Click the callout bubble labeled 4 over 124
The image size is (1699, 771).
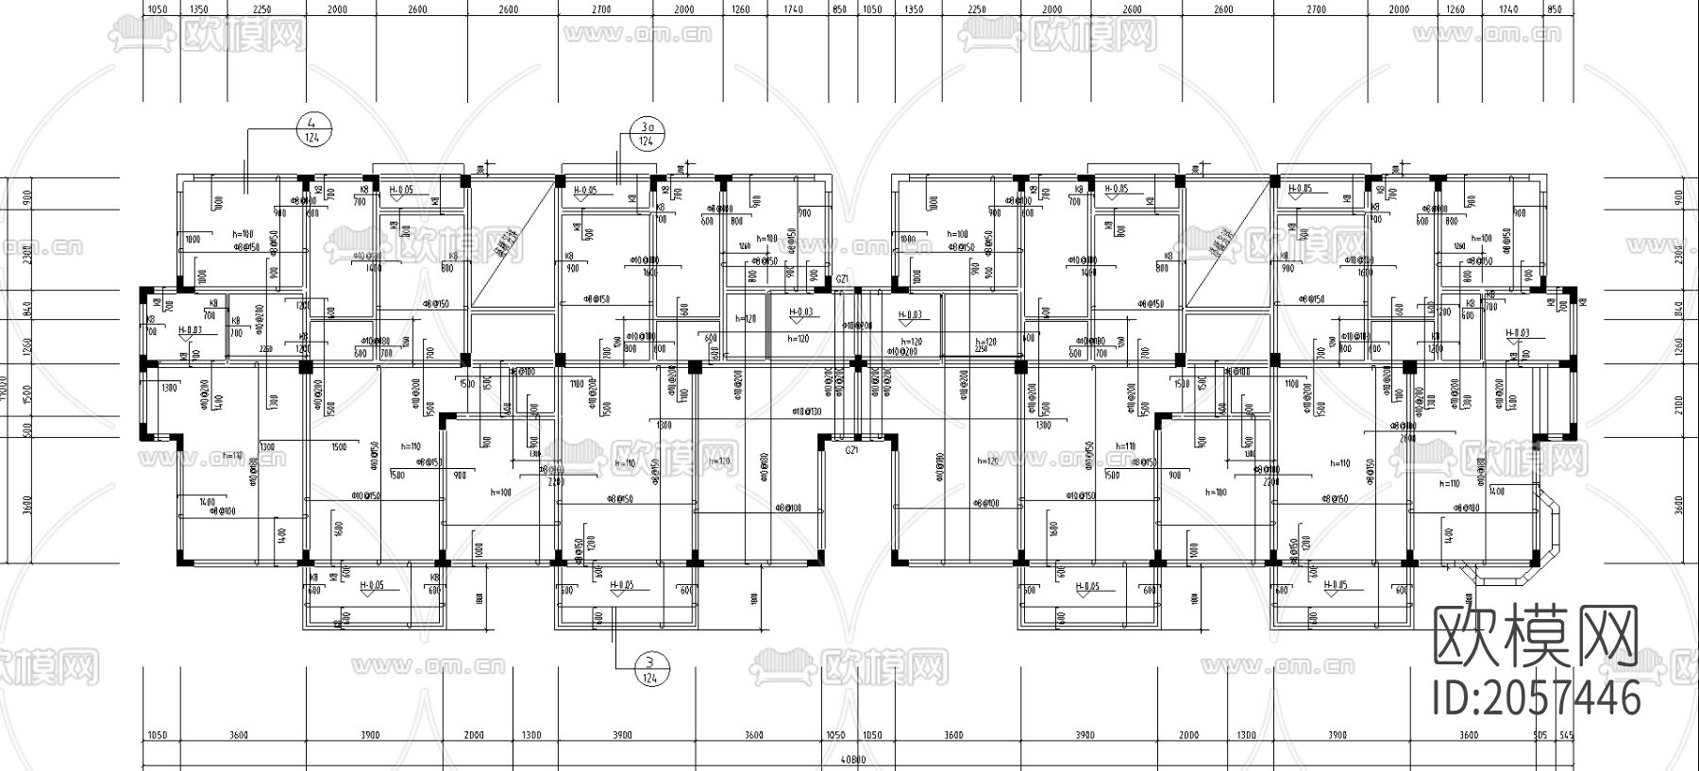pos(313,129)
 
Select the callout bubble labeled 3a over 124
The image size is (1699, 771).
pos(646,133)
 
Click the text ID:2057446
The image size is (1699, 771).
pos(1537,699)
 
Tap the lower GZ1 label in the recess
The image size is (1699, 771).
pos(852,452)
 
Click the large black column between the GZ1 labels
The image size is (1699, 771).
pos(857,362)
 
